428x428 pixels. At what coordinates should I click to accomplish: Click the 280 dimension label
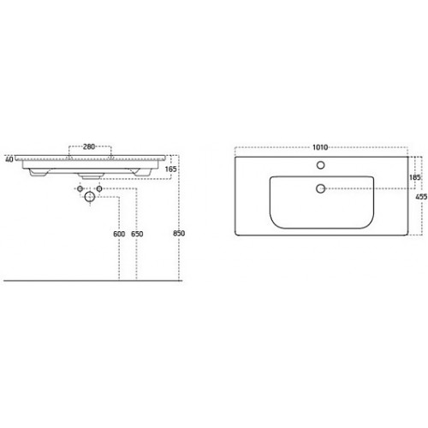89,146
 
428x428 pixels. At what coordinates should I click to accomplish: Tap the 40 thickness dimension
9,159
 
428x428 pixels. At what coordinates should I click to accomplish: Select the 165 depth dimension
170,169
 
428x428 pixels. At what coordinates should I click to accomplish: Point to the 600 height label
119,234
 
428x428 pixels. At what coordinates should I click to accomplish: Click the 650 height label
137,234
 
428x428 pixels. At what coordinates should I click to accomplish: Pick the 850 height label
179,234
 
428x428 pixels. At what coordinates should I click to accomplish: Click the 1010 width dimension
320,147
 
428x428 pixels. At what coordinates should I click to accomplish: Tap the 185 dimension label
414,177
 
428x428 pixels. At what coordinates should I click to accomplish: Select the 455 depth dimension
421,197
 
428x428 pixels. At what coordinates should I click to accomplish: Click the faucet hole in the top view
321,165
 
